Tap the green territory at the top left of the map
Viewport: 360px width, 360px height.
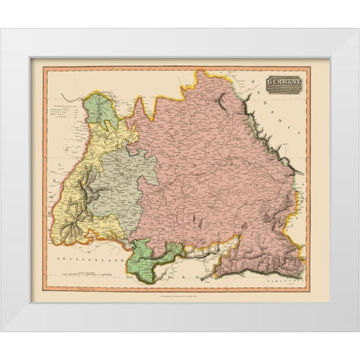point(97,113)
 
